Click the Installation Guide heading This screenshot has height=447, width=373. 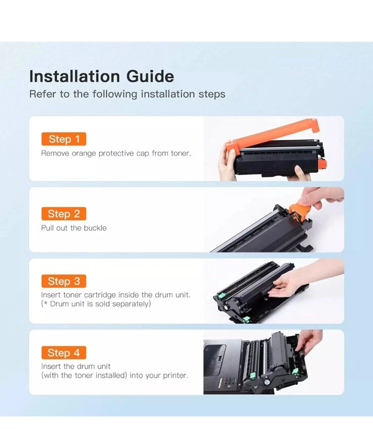[x=102, y=77]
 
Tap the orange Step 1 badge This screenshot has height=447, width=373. [x=64, y=139]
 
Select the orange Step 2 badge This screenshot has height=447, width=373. [x=64, y=214]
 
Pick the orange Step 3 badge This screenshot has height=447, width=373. [x=64, y=281]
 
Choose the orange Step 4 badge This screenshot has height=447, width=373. [x=64, y=353]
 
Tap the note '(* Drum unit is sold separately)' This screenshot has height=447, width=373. [x=96, y=304]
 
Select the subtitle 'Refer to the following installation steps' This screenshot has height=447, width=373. [x=127, y=94]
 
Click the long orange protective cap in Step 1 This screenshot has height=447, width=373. [x=273, y=136]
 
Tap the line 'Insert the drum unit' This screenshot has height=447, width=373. [x=76, y=366]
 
